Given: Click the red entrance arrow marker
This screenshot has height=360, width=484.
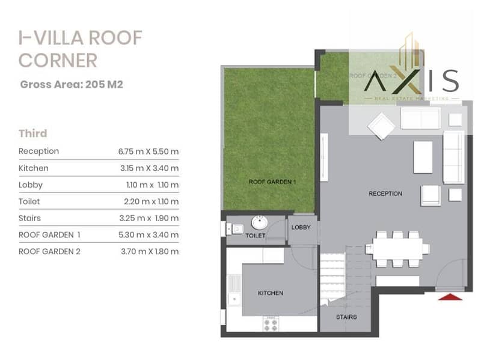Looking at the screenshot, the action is point(450,297).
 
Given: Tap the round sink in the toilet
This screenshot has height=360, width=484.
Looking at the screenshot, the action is point(259,222).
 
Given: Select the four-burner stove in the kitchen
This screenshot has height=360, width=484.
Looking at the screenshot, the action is point(271,324).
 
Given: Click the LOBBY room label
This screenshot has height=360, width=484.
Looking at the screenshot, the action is point(301,227).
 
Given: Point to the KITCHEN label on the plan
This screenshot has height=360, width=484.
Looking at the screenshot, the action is point(271,293).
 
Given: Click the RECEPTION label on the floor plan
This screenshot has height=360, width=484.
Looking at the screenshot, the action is point(385,194).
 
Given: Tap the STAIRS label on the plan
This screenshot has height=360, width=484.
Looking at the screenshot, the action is point(346,317).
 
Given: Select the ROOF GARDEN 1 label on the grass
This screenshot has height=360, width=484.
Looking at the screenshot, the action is point(272,182).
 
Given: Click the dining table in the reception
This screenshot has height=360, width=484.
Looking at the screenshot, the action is point(397,249).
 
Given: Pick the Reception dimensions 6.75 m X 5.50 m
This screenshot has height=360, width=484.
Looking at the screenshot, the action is point(149,151).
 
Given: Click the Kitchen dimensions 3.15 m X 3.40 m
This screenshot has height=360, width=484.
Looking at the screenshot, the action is point(149,168).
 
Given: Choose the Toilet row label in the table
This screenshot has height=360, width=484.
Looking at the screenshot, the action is point(29,201).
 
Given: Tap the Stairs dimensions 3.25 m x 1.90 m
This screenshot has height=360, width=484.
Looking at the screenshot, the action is point(149,218).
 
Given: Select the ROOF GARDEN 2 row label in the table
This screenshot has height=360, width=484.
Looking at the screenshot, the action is point(49,252).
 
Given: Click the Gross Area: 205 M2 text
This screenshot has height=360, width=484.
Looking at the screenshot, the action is point(72,85).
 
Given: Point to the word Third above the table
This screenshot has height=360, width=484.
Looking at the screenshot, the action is point(33,133).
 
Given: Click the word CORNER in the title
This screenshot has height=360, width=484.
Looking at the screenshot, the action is point(58,60).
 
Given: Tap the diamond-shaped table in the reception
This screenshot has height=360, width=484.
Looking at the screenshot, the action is point(381,126).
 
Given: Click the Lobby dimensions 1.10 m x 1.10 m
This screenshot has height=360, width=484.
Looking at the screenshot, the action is point(153,185).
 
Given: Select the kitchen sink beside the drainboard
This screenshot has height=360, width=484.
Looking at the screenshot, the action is point(234,299).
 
